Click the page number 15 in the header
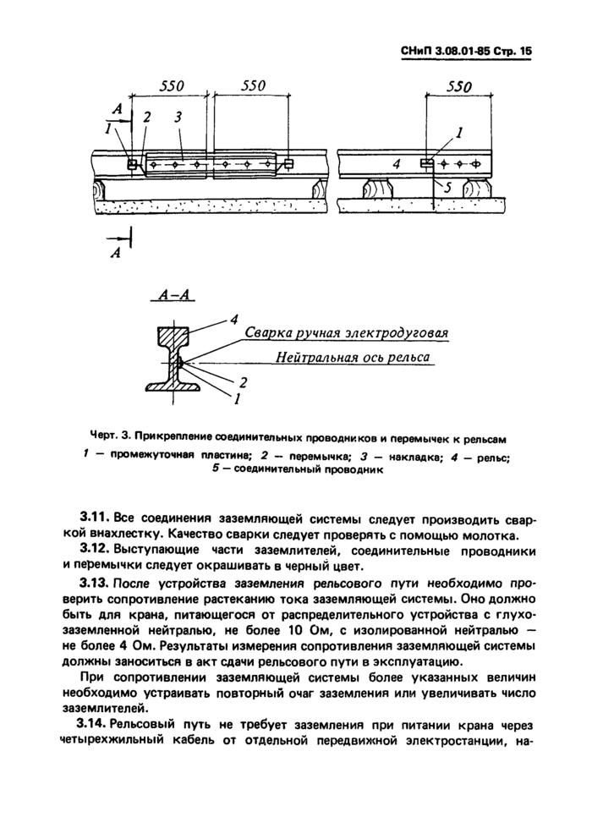526,52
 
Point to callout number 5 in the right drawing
448,187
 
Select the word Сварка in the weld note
271,333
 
